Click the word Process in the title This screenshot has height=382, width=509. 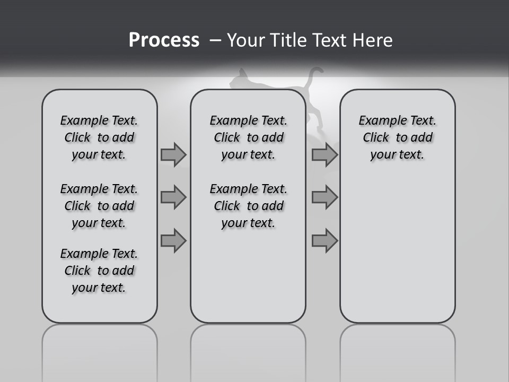click(164, 40)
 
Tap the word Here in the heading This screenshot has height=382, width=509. click(372, 40)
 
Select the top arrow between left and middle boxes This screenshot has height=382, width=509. click(173, 155)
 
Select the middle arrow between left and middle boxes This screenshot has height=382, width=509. click(173, 197)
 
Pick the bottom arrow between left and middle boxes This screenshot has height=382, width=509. click(173, 240)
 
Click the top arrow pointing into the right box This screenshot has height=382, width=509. click(324, 155)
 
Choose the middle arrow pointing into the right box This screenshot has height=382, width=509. click(324, 197)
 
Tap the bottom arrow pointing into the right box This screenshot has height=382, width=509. click(324, 240)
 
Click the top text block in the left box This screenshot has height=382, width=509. click(99, 137)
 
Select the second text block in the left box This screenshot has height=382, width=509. click(99, 206)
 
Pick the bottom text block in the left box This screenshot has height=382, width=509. click(99, 271)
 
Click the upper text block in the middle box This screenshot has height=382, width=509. click(248, 137)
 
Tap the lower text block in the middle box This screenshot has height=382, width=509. click(248, 206)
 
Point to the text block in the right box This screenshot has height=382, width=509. click(397, 137)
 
